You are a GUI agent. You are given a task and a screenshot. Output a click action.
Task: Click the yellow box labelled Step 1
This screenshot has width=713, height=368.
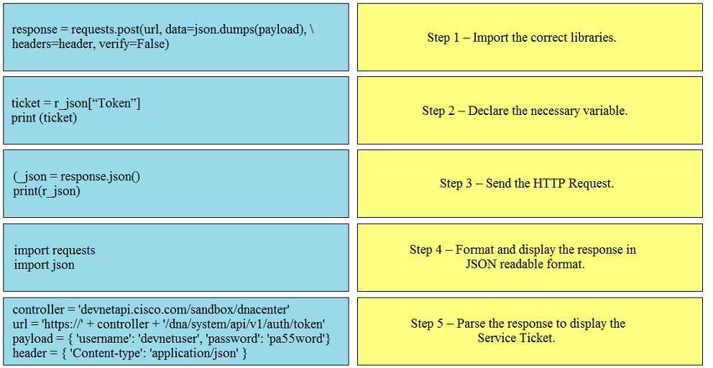pyautogui.click(x=530, y=37)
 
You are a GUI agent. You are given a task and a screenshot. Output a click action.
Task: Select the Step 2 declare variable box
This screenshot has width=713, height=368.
pyautogui.click(x=530, y=111)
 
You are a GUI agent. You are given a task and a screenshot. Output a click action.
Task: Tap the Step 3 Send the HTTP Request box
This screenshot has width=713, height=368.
pyautogui.click(x=530, y=184)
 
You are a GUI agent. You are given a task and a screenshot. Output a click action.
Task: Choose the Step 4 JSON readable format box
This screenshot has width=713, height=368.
pyautogui.click(x=530, y=257)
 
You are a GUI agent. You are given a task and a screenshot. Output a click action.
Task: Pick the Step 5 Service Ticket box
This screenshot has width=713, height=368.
pyautogui.click(x=530, y=331)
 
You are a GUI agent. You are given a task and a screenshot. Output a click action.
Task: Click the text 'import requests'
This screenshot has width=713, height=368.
pyautogui.click(x=55, y=251)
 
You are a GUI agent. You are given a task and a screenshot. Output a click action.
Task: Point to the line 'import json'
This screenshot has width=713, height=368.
pyautogui.click(x=44, y=264)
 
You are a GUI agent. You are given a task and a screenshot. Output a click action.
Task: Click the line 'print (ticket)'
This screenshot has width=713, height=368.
pyautogui.click(x=44, y=118)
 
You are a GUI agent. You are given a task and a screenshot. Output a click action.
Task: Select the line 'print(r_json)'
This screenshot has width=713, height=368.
pyautogui.click(x=47, y=191)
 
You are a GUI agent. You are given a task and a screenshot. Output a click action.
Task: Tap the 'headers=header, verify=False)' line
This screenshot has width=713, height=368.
pyautogui.click(x=90, y=44)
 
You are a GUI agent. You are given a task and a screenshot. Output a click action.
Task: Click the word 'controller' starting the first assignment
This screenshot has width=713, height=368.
pyautogui.click(x=38, y=310)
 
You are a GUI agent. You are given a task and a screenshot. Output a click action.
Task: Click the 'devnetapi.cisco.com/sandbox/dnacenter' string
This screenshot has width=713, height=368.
pyautogui.click(x=184, y=310)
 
